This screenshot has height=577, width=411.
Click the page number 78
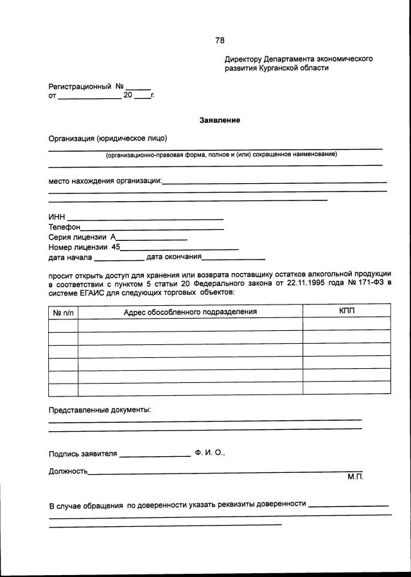[220, 40]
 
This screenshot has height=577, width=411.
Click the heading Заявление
[220, 120]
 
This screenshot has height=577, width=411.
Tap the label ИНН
[57, 217]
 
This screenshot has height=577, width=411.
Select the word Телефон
[64, 227]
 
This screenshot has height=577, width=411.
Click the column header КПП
[346, 311]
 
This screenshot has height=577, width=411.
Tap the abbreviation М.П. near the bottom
[355, 477]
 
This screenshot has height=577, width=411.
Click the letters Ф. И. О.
[209, 452]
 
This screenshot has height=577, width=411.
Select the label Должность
[68, 471]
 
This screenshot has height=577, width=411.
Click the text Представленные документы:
[100, 409]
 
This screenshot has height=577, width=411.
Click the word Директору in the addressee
[243, 58]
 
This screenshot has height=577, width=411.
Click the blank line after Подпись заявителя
[155, 454]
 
